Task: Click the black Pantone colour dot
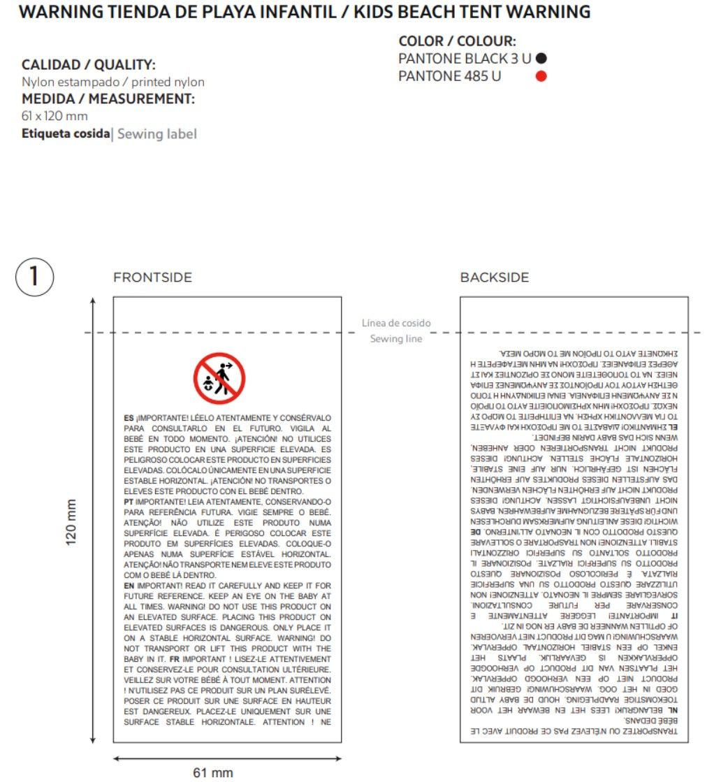tap(541, 59)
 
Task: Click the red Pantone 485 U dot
tap(541, 76)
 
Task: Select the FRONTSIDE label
tap(152, 277)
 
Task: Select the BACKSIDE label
tap(494, 277)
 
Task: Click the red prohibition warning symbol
tap(219, 378)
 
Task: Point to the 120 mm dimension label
tap(71, 523)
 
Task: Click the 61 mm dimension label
tap(213, 772)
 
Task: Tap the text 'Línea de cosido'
tap(396, 323)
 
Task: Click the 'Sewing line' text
tap(396, 339)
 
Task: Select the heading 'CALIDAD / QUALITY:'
tap(89, 65)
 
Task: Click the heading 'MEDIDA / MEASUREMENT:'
tap(108, 99)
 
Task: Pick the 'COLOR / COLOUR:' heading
tap(457, 41)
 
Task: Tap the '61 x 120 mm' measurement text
tap(55, 116)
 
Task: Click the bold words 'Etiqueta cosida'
tap(66, 133)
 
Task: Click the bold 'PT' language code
tap(129, 502)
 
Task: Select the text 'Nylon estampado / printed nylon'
tap(113, 82)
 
